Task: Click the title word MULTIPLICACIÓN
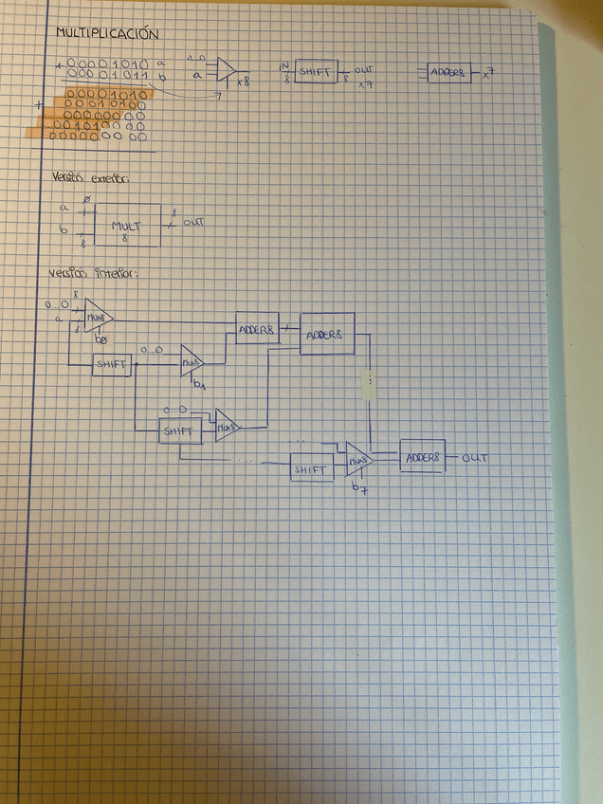pos(106,33)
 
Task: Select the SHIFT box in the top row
pos(316,71)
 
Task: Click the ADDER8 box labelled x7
pos(448,72)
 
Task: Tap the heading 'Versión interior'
pos(92,274)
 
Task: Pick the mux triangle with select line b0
pos(97,317)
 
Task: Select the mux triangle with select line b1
pos(192,360)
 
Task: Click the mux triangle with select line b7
pos(357,459)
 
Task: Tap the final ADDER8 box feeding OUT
pos(423,457)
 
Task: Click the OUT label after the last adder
pos(475,458)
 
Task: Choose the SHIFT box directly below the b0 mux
pos(112,365)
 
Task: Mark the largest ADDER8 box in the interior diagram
pos(327,334)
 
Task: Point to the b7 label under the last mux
pos(357,487)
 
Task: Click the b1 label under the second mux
pos(198,385)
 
